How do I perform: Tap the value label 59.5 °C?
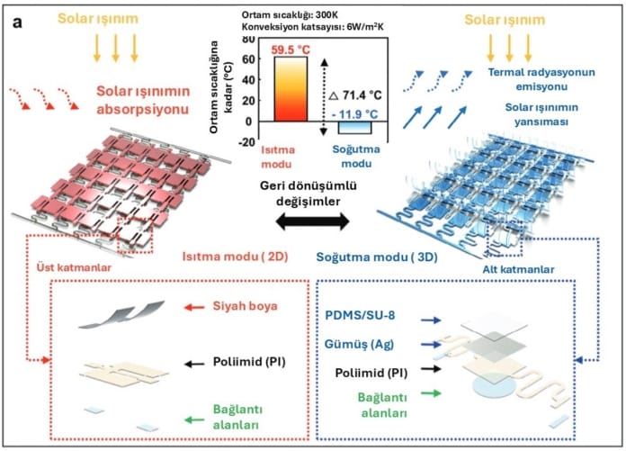pyautogui.click(x=289, y=49)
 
